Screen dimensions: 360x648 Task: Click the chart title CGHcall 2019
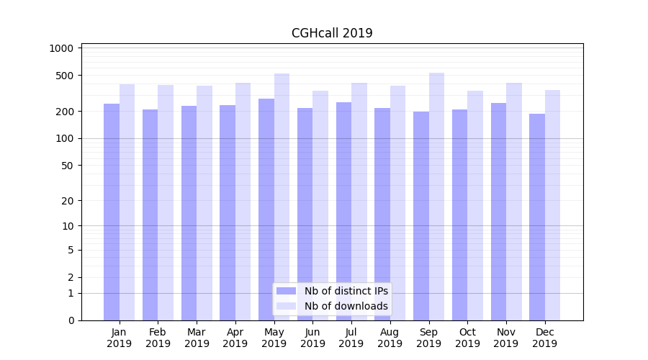point(332,33)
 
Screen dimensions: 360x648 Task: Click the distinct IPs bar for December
point(537,217)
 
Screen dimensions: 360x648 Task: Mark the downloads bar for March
point(204,202)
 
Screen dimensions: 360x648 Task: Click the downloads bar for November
point(514,202)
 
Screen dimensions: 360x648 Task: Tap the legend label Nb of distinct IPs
point(346,291)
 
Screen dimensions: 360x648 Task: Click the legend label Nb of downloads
point(346,306)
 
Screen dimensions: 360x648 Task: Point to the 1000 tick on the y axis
point(62,48)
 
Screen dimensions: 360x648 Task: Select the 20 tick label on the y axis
point(68,201)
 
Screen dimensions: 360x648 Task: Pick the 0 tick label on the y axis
point(71,320)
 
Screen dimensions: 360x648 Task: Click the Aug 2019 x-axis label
point(390,338)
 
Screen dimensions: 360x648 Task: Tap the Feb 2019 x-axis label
point(158,338)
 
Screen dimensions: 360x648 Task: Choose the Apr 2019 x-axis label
point(235,338)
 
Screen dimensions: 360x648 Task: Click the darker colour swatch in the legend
point(287,291)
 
